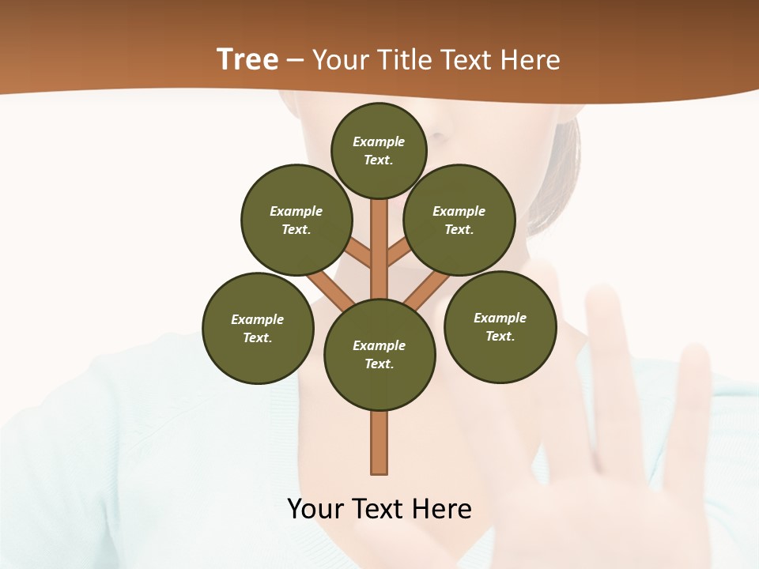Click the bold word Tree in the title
point(247,59)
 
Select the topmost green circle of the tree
point(379,150)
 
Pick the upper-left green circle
point(296,220)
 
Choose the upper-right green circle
point(459,220)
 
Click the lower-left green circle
point(258,328)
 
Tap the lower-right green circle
point(500,326)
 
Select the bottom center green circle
point(379,355)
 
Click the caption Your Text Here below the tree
point(379,509)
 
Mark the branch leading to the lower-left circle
point(328,290)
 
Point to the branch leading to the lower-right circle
point(427,291)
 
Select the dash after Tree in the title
point(295,60)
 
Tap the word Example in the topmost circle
point(379,141)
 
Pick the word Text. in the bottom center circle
point(379,364)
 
